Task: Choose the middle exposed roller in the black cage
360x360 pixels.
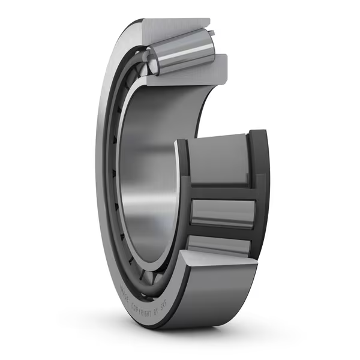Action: (x=221, y=213)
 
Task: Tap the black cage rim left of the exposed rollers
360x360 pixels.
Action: (x=182, y=198)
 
